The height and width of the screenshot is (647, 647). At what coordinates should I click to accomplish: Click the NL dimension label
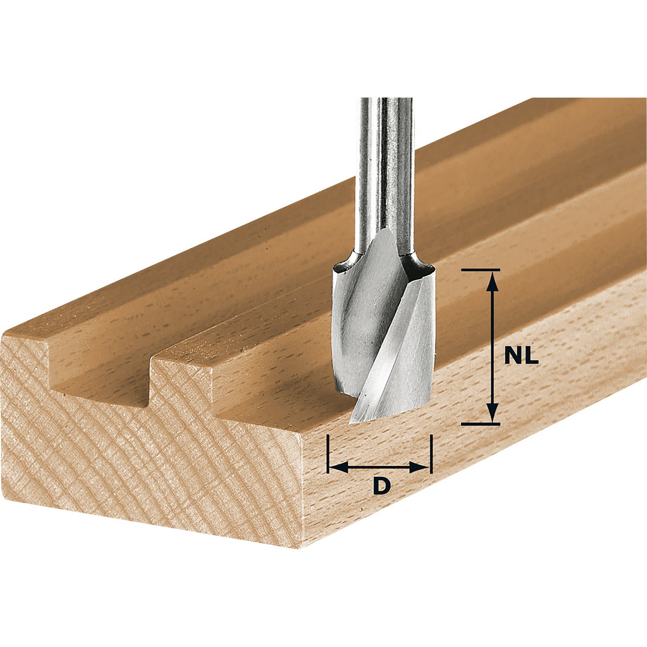point(521,357)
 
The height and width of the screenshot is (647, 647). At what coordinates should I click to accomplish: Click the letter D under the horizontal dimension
point(381,486)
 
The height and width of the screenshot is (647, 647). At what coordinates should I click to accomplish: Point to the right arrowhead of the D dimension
point(420,466)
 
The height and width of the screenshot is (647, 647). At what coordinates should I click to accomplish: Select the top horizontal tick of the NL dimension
point(481,270)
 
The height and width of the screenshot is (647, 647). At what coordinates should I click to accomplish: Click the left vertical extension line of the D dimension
point(328,454)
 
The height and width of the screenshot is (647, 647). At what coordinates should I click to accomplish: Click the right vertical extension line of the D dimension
point(431,454)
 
